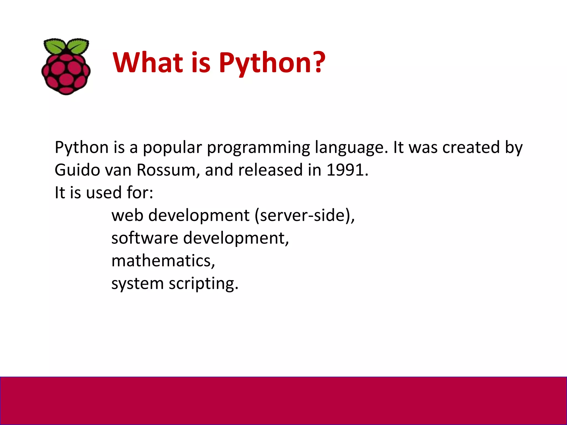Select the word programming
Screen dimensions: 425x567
(x=258, y=148)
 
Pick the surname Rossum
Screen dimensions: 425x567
(x=168, y=170)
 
